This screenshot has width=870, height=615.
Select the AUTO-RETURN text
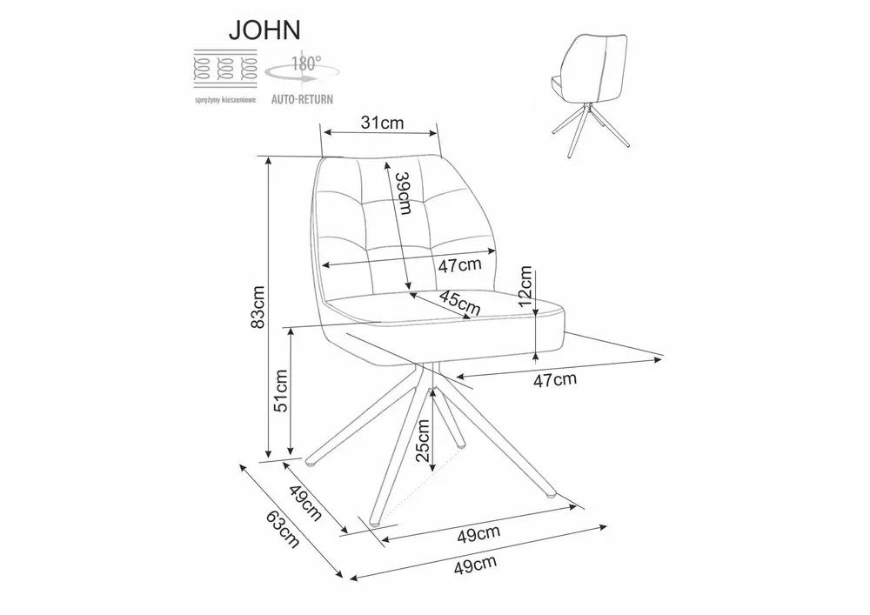tap(302, 99)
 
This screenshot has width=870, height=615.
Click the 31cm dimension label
tap(382, 123)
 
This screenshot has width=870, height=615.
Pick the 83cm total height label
tap(258, 307)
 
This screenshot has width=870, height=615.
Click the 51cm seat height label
tap(281, 391)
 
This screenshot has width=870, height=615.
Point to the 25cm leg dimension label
tap(423, 441)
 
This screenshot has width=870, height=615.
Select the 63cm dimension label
tap(283, 529)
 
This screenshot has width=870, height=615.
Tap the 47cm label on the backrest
tap(460, 265)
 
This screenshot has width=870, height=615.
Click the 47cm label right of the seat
tap(555, 380)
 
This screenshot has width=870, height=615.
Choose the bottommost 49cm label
tap(475, 564)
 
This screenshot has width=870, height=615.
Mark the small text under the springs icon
tap(224, 101)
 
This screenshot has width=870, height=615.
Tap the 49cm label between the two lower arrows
tap(478, 533)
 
